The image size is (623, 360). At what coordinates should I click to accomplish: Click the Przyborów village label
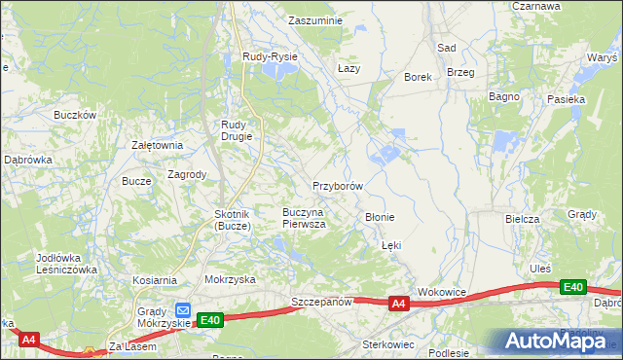click(x=338, y=186)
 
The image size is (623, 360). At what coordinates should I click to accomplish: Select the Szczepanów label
click(x=320, y=304)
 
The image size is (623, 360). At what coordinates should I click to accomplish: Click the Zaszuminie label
click(x=317, y=19)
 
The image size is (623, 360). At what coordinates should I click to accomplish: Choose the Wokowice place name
click(x=442, y=292)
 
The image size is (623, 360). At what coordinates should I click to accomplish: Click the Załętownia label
click(x=157, y=145)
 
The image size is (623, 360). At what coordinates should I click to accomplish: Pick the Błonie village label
click(x=379, y=217)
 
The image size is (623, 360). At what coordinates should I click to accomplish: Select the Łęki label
click(x=391, y=246)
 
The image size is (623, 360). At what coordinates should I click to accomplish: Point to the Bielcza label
click(x=522, y=219)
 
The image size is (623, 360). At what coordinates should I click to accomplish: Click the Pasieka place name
click(x=566, y=99)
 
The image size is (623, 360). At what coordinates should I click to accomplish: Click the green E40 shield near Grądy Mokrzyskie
click(x=210, y=319)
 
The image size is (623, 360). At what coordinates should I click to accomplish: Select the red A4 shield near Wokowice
click(x=398, y=305)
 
